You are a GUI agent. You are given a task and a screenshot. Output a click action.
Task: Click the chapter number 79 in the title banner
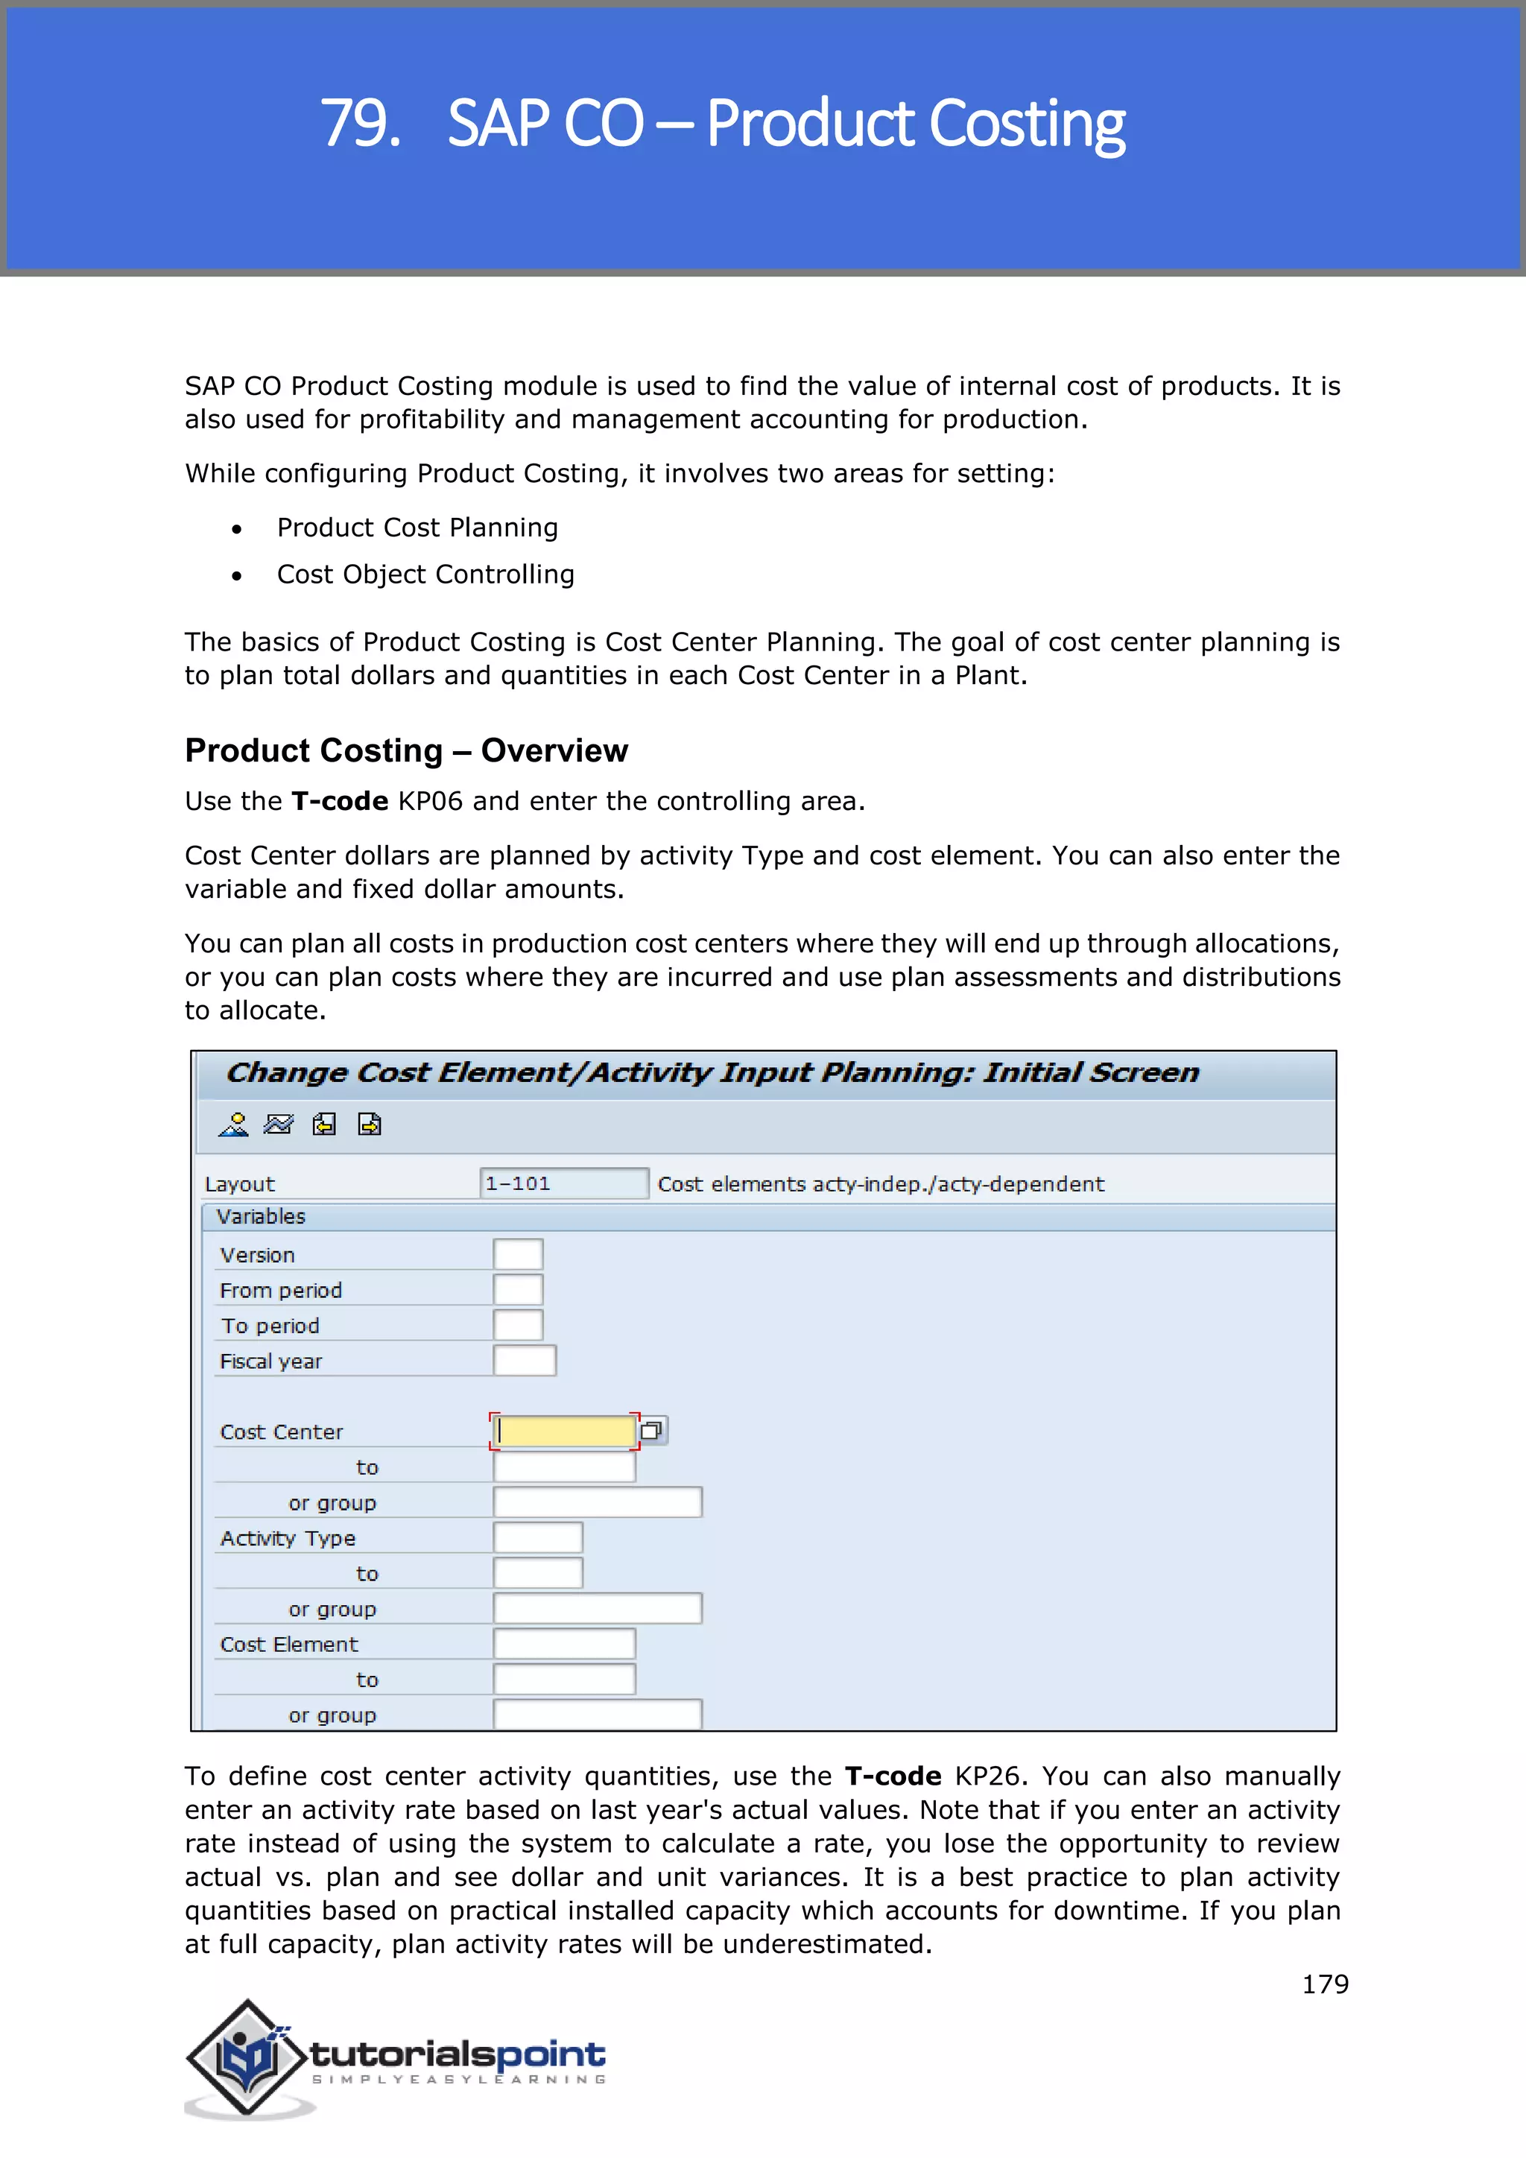(x=359, y=123)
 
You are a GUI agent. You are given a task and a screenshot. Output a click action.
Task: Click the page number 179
(x=1324, y=1984)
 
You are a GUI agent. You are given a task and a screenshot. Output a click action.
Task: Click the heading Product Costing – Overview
(x=406, y=751)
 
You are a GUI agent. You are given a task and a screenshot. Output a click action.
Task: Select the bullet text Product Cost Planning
(x=417, y=528)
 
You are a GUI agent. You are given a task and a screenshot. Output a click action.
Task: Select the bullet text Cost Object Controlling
(x=425, y=575)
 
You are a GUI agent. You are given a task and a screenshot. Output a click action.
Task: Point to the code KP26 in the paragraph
(x=987, y=1776)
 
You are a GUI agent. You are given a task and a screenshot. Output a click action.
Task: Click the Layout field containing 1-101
(x=563, y=1183)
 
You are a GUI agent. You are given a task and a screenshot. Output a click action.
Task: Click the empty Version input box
(x=518, y=1255)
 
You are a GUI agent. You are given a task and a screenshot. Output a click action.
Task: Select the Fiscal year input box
(x=525, y=1361)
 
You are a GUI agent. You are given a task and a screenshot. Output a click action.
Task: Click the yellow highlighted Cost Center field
(x=565, y=1431)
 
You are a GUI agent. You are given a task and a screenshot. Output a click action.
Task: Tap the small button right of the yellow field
(x=652, y=1431)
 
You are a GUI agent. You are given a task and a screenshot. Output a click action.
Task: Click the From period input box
(x=518, y=1291)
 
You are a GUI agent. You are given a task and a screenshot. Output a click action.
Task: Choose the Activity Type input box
(x=537, y=1538)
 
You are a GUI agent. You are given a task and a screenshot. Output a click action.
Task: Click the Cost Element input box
(x=564, y=1644)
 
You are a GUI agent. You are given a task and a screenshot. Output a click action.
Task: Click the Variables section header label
(x=262, y=1216)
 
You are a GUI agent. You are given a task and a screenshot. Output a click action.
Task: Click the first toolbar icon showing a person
(x=233, y=1125)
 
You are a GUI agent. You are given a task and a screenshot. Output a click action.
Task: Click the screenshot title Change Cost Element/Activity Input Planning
(x=712, y=1073)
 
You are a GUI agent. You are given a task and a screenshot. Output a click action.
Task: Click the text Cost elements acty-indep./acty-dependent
(x=881, y=1184)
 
